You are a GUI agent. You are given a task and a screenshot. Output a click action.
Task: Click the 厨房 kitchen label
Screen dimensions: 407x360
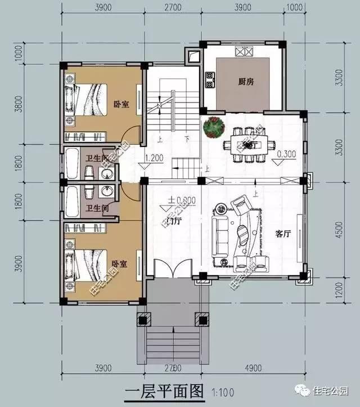coord(245,82)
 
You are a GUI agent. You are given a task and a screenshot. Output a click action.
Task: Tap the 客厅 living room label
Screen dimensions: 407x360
coord(283,235)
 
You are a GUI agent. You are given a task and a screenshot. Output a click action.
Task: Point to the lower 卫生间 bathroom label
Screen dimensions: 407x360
coord(96,208)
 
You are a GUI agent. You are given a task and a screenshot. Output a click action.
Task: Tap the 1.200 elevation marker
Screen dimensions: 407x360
coord(154,158)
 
